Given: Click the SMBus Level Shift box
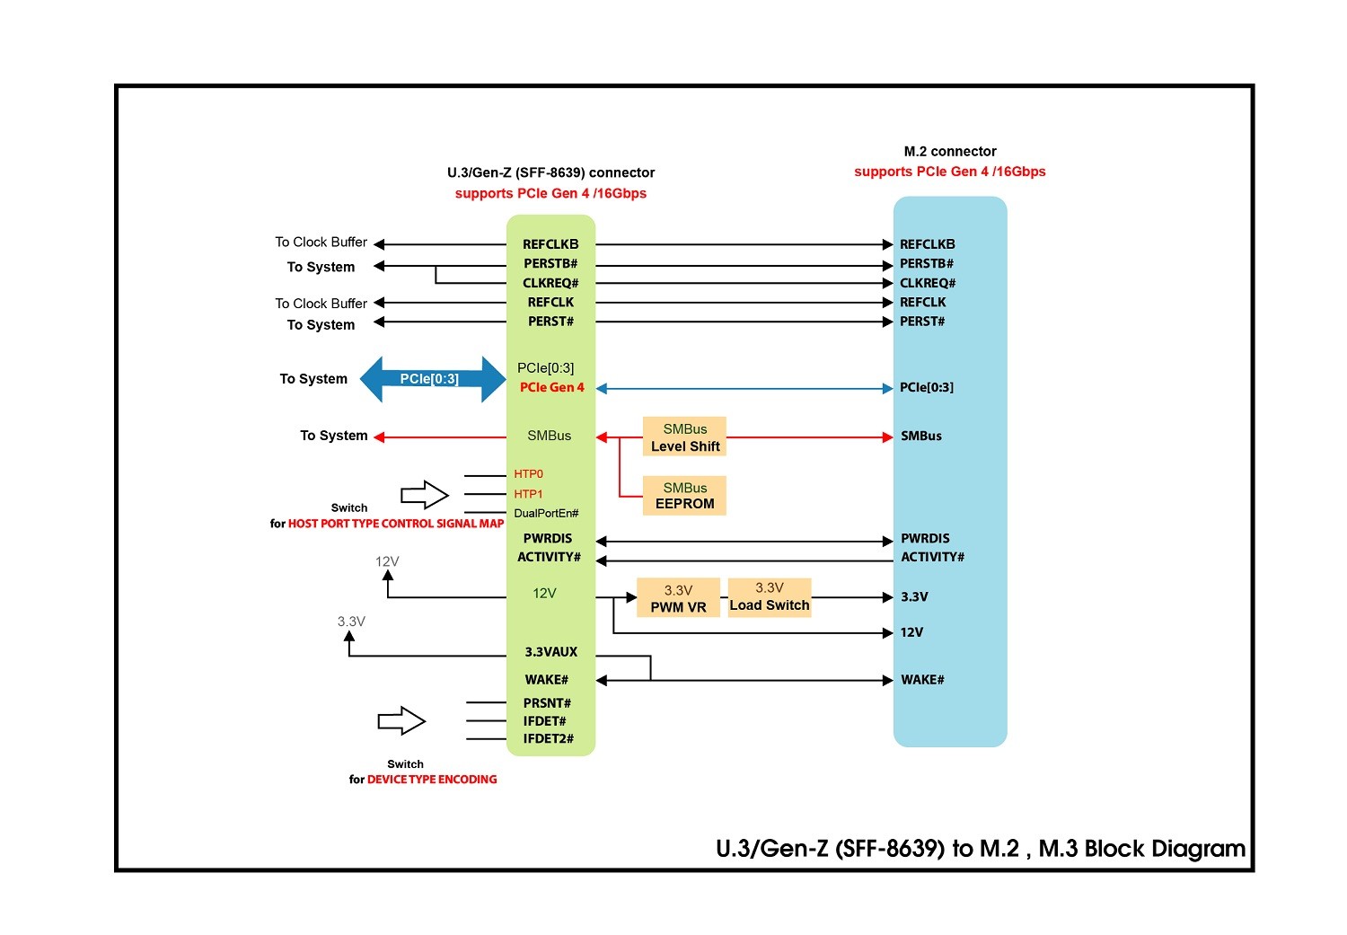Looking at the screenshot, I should point(684,437).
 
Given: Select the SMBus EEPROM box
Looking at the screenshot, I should point(684,496).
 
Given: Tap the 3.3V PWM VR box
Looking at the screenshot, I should point(678,598).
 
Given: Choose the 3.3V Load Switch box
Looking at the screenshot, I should point(770,596).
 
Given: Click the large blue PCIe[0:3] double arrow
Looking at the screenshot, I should point(432,379).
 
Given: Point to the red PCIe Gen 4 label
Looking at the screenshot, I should point(551,387).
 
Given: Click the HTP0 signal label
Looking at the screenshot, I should point(528,474).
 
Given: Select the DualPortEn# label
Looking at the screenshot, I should point(546,514).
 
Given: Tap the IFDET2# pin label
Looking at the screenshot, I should point(548,739).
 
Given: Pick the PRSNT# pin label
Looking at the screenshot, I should point(547,703).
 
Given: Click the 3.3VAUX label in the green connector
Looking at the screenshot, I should point(550,652).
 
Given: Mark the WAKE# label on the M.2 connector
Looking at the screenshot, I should point(922,680).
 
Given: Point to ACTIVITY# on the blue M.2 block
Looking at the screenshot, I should point(932,557).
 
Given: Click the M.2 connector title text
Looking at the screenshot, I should point(950,152).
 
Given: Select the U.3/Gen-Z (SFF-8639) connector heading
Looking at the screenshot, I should point(550,172).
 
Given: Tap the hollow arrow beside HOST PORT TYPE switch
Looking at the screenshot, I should point(425,495).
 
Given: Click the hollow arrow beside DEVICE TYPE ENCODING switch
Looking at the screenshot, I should point(401,720).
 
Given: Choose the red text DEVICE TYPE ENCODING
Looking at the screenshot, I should point(432,780).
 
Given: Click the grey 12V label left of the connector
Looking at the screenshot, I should point(387,562).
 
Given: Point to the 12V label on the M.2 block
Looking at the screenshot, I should point(911,632).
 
